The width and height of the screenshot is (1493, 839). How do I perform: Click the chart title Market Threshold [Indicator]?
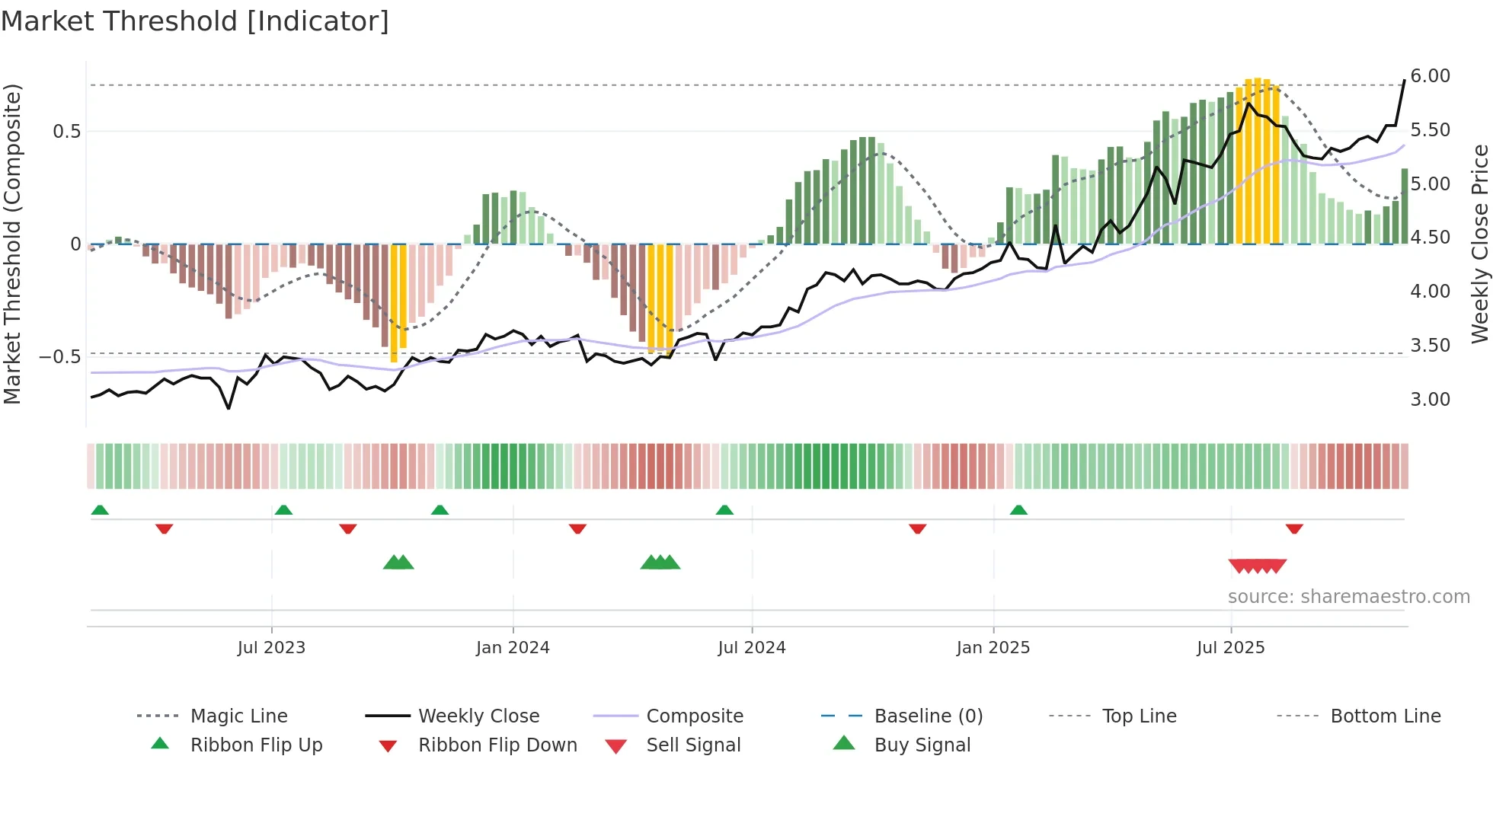[x=195, y=21]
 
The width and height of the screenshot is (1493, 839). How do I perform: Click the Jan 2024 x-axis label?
[x=513, y=648]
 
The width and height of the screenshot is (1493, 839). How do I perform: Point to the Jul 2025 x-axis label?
[x=1230, y=648]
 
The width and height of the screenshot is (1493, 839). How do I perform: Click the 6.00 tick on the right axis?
[x=1430, y=76]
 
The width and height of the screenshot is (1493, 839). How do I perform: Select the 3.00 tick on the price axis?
[x=1430, y=400]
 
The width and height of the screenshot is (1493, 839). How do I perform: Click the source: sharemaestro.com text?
[x=1348, y=597]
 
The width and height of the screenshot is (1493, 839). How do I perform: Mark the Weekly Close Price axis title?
[x=1479, y=244]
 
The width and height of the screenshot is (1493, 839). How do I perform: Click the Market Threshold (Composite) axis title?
[x=13, y=244]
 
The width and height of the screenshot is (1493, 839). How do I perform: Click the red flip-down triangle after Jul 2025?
[x=1294, y=528]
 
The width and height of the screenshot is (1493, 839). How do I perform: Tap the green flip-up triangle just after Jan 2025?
[x=1018, y=510]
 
